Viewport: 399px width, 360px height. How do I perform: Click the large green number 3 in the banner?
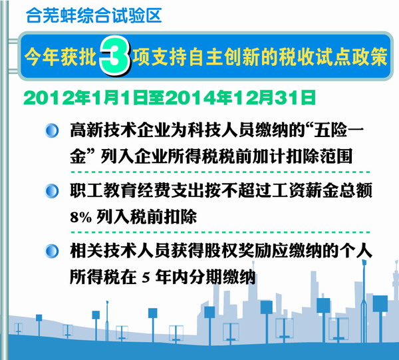115,56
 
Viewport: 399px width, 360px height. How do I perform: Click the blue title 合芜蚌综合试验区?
94,15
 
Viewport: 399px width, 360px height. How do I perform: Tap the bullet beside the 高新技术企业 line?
52,130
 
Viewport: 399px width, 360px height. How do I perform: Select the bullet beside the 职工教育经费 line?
52,191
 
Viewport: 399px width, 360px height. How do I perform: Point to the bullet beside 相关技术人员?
52,251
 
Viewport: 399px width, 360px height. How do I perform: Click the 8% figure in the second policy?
80,218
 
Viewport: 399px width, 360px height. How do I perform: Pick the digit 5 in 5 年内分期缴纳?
146,277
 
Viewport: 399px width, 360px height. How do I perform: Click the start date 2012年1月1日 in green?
86,98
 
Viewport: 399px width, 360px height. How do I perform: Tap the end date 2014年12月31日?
240,98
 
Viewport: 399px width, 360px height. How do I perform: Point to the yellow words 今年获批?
61,57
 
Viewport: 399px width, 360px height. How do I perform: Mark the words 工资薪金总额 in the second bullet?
322,191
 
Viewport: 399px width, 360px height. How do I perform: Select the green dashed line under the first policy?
220,172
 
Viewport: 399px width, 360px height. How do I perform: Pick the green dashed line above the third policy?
220,232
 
